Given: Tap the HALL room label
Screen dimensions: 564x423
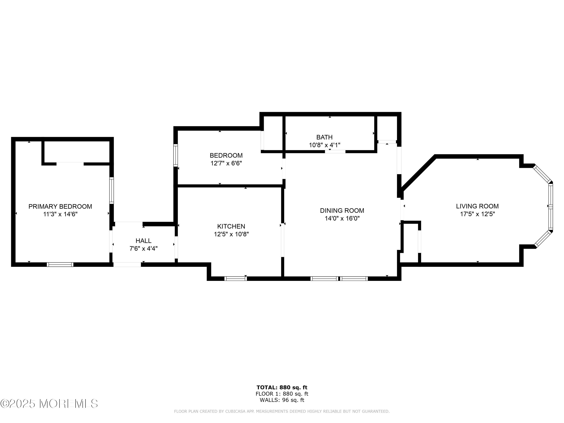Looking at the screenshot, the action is click(x=143, y=241).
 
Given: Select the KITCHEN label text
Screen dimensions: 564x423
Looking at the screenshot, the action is click(x=231, y=226).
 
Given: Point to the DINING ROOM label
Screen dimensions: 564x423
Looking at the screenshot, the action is click(x=342, y=211).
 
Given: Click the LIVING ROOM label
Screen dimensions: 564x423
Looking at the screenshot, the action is click(x=477, y=206).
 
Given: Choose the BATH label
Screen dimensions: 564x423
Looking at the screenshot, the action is click(x=324, y=137).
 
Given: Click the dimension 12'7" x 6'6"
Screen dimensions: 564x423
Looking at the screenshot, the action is click(x=226, y=163).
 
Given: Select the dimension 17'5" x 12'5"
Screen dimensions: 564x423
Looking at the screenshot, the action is click(x=477, y=214).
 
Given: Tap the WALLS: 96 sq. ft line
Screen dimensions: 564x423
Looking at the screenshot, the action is click(x=282, y=400).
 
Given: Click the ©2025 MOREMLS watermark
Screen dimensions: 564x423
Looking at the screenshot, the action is click(x=49, y=404).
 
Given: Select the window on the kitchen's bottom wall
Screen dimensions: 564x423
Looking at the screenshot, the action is click(x=236, y=279).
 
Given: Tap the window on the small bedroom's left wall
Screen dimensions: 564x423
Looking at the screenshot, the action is click(x=176, y=155).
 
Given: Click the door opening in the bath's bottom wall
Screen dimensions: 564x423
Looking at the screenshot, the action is click(x=335, y=152).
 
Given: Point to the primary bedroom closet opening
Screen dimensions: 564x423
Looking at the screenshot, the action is click(x=70, y=164).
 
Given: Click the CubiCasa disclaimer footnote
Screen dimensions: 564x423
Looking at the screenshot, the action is click(x=282, y=411).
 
